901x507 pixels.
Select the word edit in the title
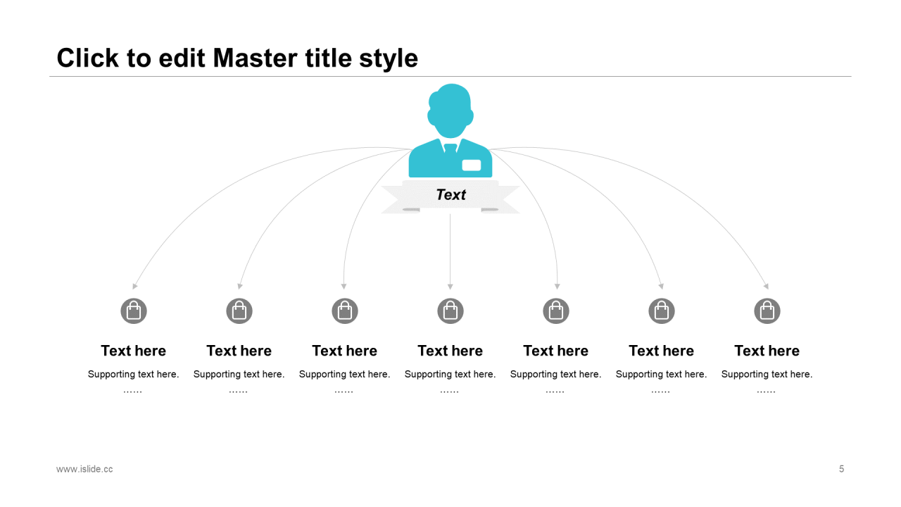pyautogui.click(x=182, y=58)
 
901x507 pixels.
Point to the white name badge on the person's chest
pyautogui.click(x=472, y=165)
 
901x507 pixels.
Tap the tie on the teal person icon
pyautogui.click(x=450, y=148)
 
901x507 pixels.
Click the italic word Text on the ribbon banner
pyautogui.click(x=451, y=195)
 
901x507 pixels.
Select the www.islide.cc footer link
pyautogui.click(x=84, y=469)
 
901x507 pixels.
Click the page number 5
pyautogui.click(x=841, y=469)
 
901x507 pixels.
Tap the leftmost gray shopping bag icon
pyautogui.click(x=134, y=311)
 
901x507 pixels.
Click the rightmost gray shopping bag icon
pyautogui.click(x=767, y=311)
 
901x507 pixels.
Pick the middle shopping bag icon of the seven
pyautogui.click(x=450, y=311)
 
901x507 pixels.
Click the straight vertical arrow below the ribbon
pyautogui.click(x=450, y=251)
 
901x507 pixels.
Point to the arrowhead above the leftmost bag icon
pyautogui.click(x=134, y=287)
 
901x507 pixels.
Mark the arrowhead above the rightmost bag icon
pyautogui.click(x=767, y=287)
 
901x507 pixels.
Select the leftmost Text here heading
pyautogui.click(x=134, y=351)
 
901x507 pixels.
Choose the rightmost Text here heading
pyautogui.click(x=767, y=351)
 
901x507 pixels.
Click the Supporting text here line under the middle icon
pyautogui.click(x=450, y=374)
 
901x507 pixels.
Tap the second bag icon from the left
pyautogui.click(x=239, y=311)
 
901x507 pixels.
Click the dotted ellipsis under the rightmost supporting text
pyautogui.click(x=766, y=392)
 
